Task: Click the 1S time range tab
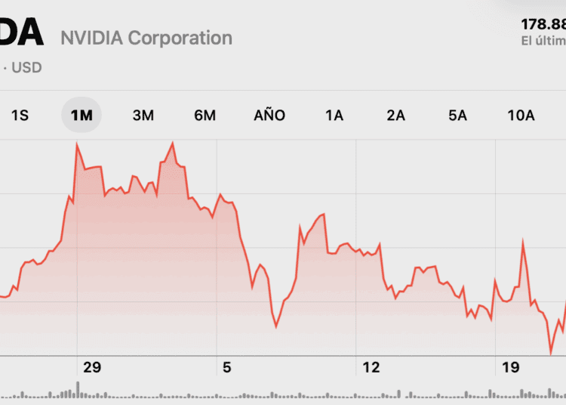tap(20, 116)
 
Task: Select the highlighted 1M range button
tap(81, 116)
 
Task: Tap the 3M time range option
tap(143, 116)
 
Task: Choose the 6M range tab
tap(205, 116)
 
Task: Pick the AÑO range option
tap(269, 116)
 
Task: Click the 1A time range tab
tap(334, 116)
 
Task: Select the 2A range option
tap(395, 116)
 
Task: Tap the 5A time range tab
tap(457, 116)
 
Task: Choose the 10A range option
tap(521, 116)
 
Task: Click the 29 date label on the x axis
tap(92, 368)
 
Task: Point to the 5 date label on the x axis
tap(226, 368)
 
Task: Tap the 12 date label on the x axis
tap(371, 368)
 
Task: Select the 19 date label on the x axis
tap(511, 368)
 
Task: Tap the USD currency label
tap(26, 68)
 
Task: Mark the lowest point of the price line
tap(551, 353)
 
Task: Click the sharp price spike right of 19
tap(522, 242)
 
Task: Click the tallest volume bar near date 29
tap(77, 388)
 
